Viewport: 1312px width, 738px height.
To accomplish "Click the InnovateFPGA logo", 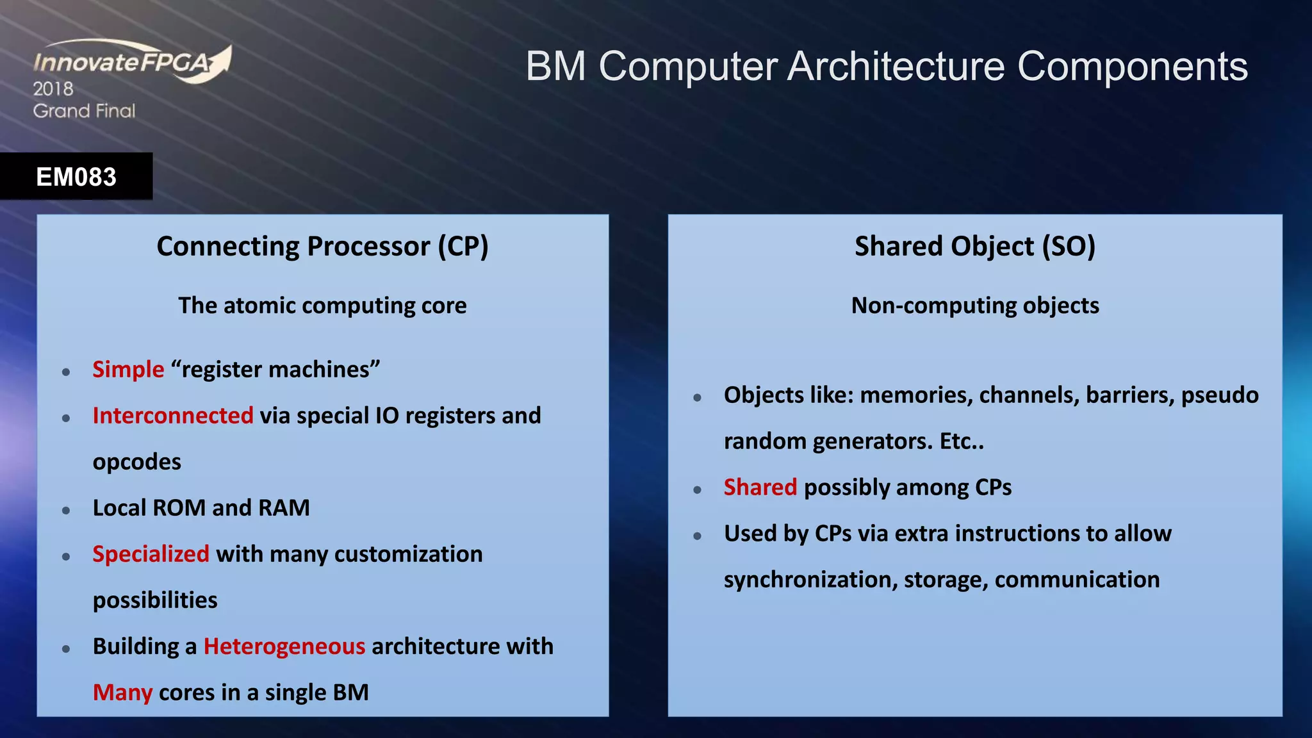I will point(131,62).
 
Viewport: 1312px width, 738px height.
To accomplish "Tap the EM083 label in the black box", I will point(76,177).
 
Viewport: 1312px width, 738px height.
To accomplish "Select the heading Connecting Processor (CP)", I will point(322,247).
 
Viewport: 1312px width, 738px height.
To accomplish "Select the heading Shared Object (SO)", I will point(974,247).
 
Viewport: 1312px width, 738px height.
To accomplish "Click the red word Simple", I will point(128,370).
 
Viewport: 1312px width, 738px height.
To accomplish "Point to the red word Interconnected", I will point(173,416).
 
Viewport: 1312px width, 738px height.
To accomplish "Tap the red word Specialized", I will point(151,554).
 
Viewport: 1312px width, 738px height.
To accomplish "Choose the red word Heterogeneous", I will point(284,646).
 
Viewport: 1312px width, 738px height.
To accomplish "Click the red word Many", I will point(122,693).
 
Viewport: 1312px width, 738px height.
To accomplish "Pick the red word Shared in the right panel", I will point(760,488).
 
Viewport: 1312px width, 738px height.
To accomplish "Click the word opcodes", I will point(137,462).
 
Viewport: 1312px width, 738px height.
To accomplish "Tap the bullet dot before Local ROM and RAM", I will point(66,511).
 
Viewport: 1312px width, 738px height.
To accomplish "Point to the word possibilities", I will point(155,600).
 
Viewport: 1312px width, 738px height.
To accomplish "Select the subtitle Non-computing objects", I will point(974,306).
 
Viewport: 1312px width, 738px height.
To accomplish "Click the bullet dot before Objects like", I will point(698,398).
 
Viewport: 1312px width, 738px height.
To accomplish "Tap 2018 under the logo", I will point(53,89).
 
